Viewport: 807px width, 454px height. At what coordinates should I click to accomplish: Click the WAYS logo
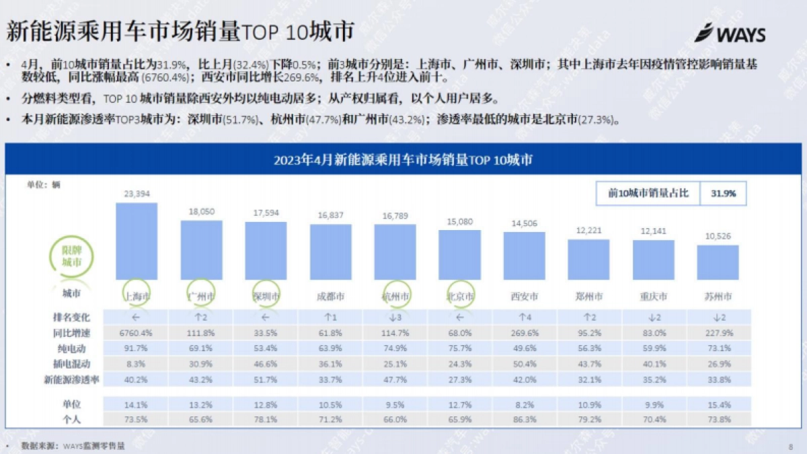pos(730,34)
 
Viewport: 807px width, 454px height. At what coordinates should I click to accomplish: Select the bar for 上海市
pos(137,241)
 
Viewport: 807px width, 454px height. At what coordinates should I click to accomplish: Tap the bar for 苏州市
pos(718,262)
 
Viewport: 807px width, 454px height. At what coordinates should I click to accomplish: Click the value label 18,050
pos(201,211)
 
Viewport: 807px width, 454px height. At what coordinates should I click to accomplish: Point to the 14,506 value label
pos(524,223)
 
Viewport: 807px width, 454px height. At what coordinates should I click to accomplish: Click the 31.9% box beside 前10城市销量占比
pos(722,193)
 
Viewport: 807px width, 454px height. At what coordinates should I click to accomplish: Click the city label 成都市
pos(330,296)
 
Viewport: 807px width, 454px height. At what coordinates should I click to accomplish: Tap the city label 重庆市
pos(653,296)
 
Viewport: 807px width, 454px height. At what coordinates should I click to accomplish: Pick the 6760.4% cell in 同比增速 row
pos(137,333)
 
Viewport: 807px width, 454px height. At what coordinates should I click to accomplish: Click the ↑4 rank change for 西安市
pos(524,317)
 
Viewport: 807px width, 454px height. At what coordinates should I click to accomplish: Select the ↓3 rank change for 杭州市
pos(395,317)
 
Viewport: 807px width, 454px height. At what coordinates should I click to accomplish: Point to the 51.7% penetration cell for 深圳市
pos(266,380)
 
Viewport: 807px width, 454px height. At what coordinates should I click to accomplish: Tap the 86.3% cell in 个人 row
pos(524,418)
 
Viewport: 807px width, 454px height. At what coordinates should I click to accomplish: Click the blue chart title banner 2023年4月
pos(403,160)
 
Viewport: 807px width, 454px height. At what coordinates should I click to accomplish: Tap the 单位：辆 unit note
pos(44,184)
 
